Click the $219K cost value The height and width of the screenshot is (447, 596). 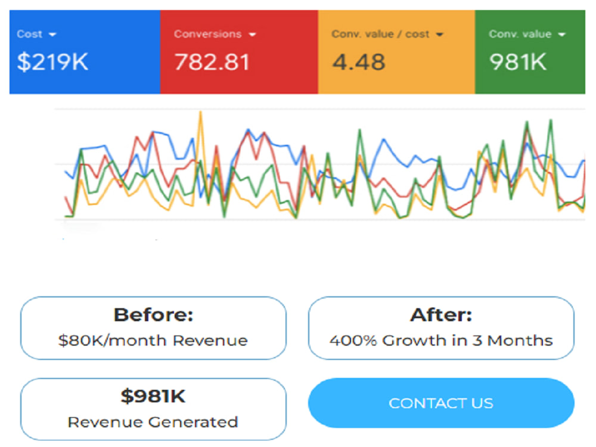tap(52, 62)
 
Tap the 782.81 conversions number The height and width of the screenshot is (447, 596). tap(212, 62)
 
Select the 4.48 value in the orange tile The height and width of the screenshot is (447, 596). tap(358, 62)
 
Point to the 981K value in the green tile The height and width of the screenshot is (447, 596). tap(518, 62)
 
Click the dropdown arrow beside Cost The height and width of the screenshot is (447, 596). tap(52, 35)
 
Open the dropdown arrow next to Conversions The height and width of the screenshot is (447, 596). tap(252, 35)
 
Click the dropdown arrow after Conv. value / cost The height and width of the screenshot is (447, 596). tap(439, 35)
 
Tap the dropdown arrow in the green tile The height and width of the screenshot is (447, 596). tap(561, 35)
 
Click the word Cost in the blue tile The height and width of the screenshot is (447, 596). tap(29, 34)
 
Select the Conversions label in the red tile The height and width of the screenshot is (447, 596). tap(207, 34)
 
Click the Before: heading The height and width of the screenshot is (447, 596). tap(154, 315)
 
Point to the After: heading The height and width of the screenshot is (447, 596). tap(441, 315)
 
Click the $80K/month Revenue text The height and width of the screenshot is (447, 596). tap(153, 340)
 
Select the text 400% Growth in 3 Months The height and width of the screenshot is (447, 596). tap(441, 340)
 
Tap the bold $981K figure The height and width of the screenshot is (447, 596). tap(153, 396)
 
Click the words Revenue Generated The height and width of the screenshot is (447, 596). tap(153, 422)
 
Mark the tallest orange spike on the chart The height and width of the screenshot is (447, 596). tap(201, 112)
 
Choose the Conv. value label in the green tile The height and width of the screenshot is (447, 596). tap(520, 34)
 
